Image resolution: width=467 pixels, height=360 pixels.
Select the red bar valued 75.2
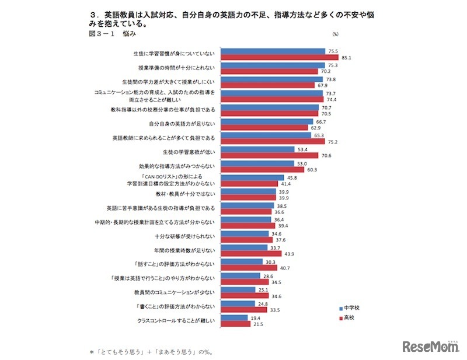pyautogui.click(x=272, y=142)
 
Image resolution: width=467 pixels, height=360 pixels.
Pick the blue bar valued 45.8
pyautogui.click(x=252, y=177)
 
